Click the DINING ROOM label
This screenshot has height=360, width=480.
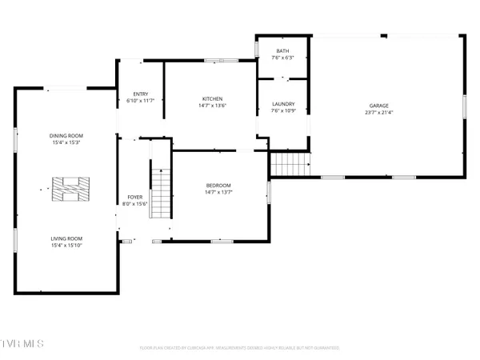66,135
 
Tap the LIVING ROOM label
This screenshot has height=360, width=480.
66,238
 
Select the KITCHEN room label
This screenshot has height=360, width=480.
212,98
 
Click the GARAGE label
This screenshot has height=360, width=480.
379,105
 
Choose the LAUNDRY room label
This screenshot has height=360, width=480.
283,103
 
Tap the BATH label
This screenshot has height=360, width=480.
283,50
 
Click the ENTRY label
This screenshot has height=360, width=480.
140,94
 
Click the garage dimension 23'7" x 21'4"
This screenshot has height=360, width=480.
379,112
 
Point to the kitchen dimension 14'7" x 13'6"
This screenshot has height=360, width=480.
212,106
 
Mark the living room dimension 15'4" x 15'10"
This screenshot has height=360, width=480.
66,246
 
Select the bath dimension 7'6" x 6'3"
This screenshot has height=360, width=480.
283,58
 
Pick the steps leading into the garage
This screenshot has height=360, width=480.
289,165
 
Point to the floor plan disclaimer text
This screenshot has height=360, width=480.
240,348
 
